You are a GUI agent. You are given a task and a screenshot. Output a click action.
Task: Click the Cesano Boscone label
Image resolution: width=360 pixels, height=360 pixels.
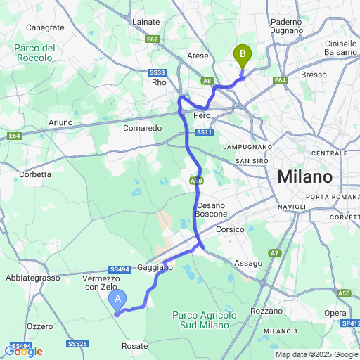pyautogui.click(x=207, y=209)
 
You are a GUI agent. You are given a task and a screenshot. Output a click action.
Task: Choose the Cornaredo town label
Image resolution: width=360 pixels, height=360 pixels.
pyautogui.click(x=143, y=128)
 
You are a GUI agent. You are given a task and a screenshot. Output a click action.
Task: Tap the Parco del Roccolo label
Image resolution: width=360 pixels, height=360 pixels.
pyautogui.click(x=34, y=53)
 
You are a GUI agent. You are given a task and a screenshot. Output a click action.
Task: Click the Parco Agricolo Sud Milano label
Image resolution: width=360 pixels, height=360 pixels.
pyautogui.click(x=203, y=319)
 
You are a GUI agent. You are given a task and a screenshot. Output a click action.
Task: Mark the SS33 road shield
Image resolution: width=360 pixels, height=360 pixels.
pyautogui.click(x=158, y=72)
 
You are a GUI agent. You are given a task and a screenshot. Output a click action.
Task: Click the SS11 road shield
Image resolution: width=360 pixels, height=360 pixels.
pyautogui.click(x=204, y=131)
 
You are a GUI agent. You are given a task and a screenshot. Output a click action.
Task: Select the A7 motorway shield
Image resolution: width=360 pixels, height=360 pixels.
pyautogui.click(x=274, y=252)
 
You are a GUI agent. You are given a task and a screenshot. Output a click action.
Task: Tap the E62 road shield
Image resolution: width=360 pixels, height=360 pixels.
pyautogui.click(x=153, y=40)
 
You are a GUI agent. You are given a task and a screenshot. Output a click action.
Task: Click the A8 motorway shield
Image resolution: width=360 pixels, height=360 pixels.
pyautogui.click(x=207, y=81)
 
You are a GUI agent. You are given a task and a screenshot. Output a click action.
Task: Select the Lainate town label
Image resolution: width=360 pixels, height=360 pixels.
pyautogui.click(x=146, y=22)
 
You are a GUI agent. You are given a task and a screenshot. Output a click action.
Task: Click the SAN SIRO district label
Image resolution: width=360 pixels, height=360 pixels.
pyautogui.click(x=252, y=160)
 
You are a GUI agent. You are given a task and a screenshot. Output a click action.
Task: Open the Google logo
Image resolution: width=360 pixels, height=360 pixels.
pyautogui.click(x=23, y=351)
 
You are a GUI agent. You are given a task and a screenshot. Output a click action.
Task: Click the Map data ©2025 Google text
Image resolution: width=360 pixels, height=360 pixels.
pyautogui.click(x=316, y=354)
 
